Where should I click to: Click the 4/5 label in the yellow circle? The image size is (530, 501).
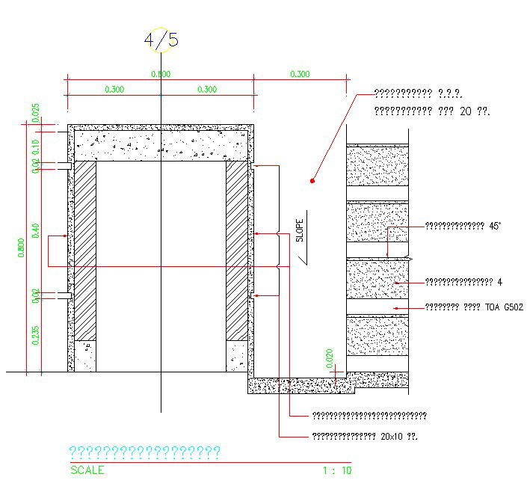(161, 40)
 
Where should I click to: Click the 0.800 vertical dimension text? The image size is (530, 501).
(22, 247)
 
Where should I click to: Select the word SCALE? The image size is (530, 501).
(87, 470)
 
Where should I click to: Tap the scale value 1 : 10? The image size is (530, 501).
(336, 470)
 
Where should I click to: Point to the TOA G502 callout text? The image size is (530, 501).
(474, 307)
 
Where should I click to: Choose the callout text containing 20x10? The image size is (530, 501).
(363, 436)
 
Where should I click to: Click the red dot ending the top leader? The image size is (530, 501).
(312, 181)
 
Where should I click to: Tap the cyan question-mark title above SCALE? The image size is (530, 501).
(144, 452)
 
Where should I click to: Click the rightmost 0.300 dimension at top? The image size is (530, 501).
(300, 74)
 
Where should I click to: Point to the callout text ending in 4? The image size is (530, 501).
(463, 282)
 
